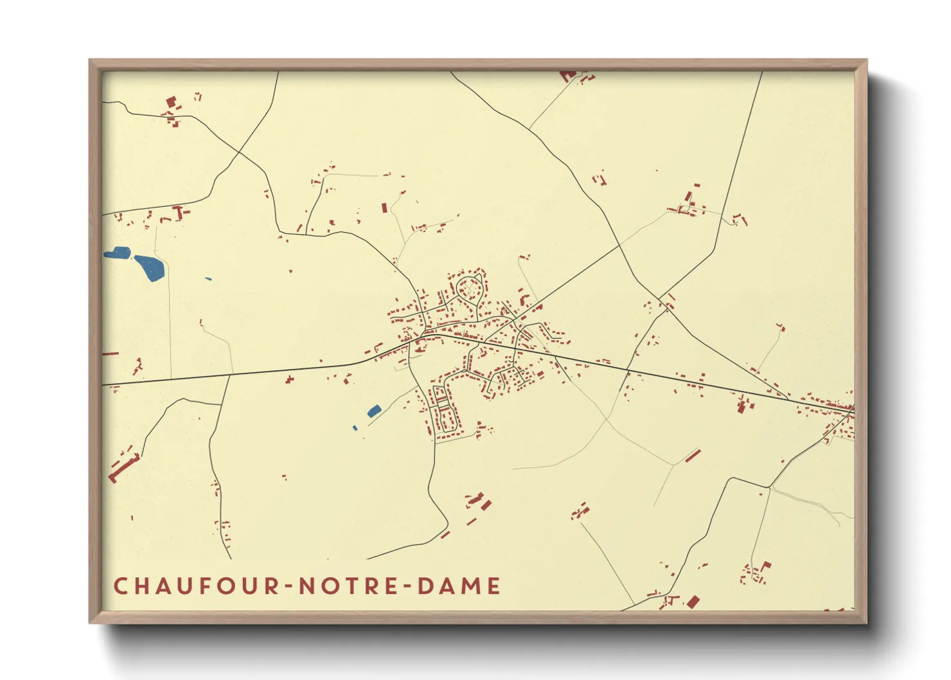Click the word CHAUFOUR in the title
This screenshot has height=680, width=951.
pos(196,586)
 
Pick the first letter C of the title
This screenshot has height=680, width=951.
pos(120,586)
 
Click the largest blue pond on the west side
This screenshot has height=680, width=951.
pos(150,267)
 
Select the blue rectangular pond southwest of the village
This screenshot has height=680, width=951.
pos(373,411)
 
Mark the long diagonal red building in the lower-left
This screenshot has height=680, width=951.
pos(124,467)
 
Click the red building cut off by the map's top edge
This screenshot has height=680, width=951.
pos(567,76)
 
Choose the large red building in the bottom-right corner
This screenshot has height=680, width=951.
pos(693,602)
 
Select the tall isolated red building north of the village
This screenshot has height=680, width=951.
pos(384,208)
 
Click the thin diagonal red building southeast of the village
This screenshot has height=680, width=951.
pos(692,456)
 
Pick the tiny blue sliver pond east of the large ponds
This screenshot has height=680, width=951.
pos(208,279)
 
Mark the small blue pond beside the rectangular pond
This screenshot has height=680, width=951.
pos(355,428)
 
